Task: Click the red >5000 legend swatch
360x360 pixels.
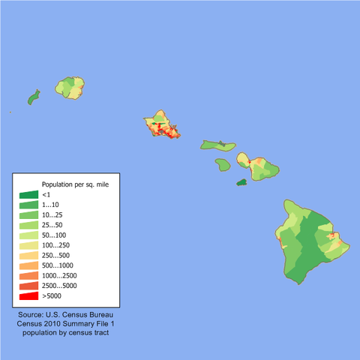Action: [x=29, y=296]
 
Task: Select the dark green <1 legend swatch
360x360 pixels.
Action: [x=29, y=194]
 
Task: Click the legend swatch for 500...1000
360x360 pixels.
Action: [x=29, y=265]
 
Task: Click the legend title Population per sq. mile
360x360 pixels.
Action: [x=75, y=184]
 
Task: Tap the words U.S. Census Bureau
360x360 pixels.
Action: [x=80, y=315]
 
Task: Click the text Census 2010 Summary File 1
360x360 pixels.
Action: [x=68, y=323]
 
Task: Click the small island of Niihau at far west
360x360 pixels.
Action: [x=34, y=97]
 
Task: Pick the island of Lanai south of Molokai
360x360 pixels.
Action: [x=223, y=163]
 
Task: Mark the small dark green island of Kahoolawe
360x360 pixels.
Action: [x=241, y=181]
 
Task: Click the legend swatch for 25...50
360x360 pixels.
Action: [x=29, y=225]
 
